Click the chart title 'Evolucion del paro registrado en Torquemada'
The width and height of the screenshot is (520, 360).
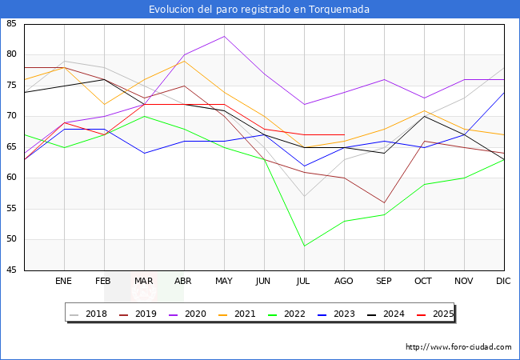(x=259, y=10)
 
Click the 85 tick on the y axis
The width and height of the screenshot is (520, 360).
(x=12, y=24)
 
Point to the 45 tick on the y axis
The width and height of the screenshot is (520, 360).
(x=12, y=270)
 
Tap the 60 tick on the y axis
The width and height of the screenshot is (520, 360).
(x=12, y=178)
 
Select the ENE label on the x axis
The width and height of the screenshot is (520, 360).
(x=64, y=282)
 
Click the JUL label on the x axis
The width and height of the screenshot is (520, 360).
(x=304, y=282)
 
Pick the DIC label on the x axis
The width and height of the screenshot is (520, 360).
(x=503, y=282)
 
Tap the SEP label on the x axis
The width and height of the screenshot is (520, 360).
(x=384, y=282)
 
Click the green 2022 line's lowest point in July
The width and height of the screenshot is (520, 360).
(x=304, y=246)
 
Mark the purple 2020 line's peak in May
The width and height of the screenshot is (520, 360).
(x=224, y=36)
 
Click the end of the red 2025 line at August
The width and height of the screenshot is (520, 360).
(x=344, y=134)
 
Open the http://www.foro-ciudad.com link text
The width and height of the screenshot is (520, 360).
(x=458, y=347)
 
